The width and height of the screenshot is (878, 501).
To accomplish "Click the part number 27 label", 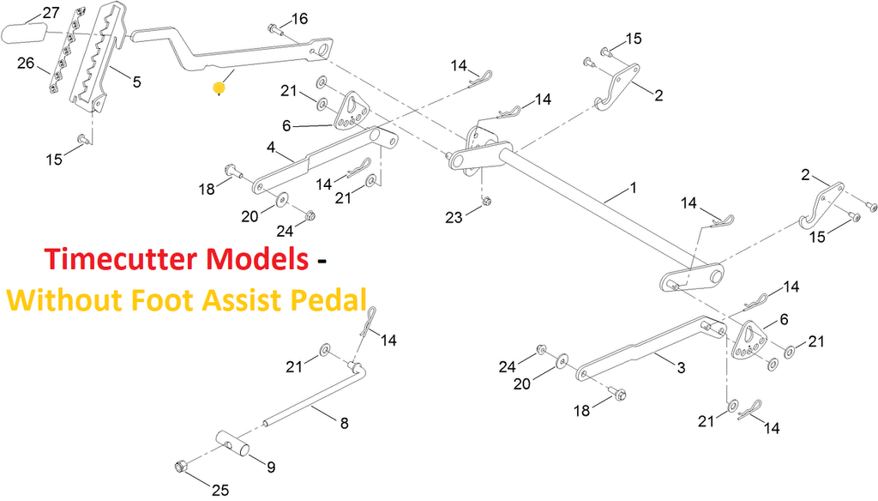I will (x=51, y=12).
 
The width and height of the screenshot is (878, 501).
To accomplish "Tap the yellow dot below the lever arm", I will (x=219, y=88).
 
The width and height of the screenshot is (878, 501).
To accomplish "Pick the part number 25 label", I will (x=219, y=491).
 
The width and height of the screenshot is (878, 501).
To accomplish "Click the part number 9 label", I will (x=270, y=468).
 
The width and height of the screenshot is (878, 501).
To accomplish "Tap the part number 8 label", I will (x=344, y=422).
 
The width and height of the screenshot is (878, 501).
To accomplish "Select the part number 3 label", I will (x=681, y=368).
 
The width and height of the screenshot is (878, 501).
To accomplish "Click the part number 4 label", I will (x=271, y=148).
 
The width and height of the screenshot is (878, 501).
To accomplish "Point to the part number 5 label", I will (x=136, y=81).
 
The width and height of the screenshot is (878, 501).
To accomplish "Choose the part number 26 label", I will (x=26, y=63).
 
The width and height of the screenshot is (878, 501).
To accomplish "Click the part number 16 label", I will (x=299, y=19).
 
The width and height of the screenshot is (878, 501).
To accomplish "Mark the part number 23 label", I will (x=454, y=218).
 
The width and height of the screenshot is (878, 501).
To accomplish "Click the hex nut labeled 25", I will (x=180, y=467).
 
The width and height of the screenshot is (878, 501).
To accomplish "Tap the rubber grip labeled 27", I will (x=25, y=35).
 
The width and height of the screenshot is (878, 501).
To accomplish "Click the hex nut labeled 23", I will (x=486, y=202).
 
